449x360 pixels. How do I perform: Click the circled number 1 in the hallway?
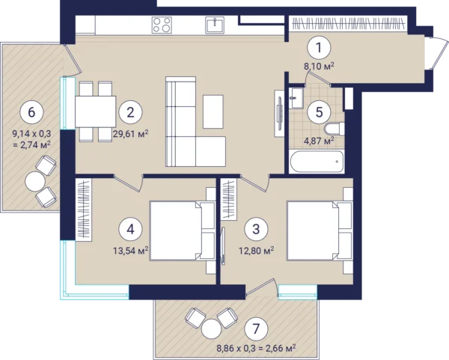point(319,48)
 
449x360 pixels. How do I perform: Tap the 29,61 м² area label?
point(130,133)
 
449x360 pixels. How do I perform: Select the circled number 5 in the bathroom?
point(319,112)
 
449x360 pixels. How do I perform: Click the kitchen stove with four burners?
point(162,25)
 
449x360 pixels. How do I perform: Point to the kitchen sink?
point(215,25)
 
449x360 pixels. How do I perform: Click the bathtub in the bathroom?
point(316,162)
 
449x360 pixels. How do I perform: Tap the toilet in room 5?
point(335,129)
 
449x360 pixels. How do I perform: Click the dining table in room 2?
point(95,112)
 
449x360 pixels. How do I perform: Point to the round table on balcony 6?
point(35,182)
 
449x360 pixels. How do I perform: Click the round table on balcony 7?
point(211,329)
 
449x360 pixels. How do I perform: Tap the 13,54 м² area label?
point(130,251)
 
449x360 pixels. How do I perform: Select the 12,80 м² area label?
point(256,251)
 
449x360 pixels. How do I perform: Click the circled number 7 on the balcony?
point(256,329)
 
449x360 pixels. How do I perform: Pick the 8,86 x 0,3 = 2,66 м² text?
point(256,349)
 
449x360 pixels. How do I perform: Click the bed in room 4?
point(182,231)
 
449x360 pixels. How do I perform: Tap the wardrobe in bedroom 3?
point(229,199)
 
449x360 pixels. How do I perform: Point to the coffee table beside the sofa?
point(213,112)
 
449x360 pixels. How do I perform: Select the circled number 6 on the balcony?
point(31,112)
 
